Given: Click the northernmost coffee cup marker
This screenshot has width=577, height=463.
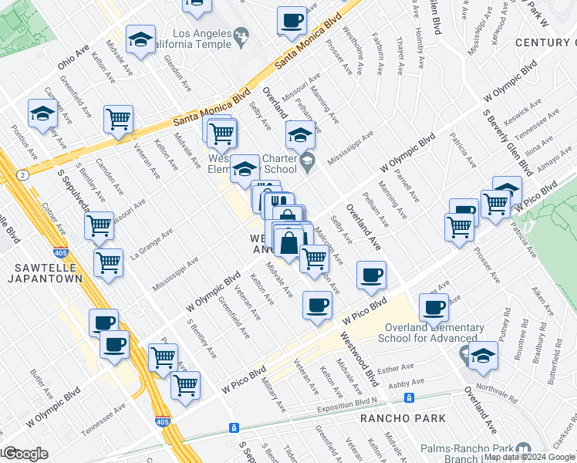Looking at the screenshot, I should click(292, 22).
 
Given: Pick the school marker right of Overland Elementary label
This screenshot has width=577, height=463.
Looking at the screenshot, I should click(483, 357).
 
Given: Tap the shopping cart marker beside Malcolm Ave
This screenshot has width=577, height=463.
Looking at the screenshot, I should click(314, 259).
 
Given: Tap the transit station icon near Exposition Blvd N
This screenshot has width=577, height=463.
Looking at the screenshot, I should click(410, 398).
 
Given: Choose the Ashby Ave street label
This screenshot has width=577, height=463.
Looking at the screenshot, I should click(406, 384).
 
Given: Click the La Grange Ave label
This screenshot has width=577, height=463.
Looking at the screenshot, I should click(151, 243).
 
